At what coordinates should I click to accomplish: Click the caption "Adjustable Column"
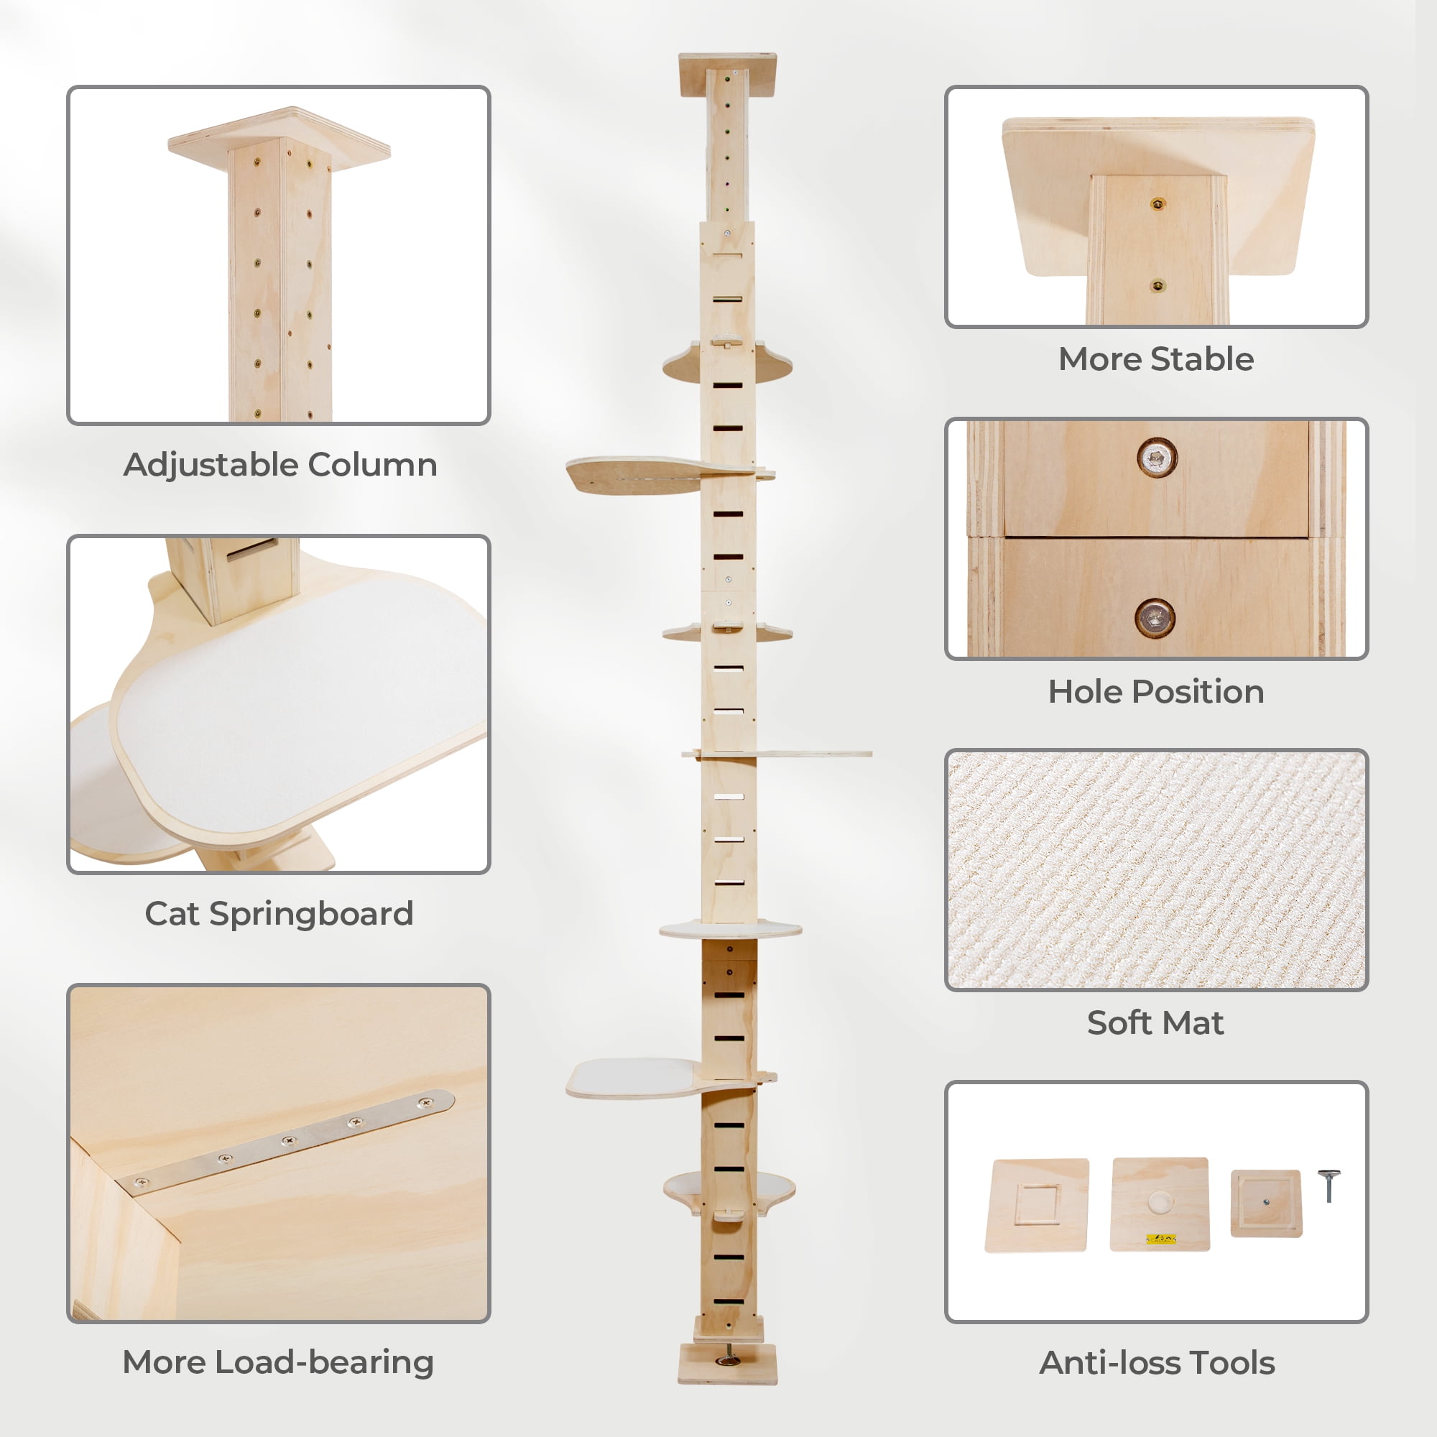279,465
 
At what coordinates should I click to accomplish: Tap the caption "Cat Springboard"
279,914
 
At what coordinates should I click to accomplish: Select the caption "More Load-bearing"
278,1362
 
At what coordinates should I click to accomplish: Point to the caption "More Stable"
1156,359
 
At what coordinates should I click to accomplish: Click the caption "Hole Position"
1156,692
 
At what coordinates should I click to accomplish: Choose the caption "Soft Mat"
1155,1022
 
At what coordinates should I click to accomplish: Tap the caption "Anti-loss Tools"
1157,1362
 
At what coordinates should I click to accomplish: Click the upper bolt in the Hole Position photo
1157,458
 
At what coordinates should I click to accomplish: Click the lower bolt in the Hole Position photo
1155,618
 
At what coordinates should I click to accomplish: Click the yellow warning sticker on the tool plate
1161,1239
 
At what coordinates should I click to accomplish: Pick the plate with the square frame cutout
1037,1205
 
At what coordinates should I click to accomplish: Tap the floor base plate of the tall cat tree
727,1364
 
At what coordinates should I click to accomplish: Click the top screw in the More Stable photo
1158,204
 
